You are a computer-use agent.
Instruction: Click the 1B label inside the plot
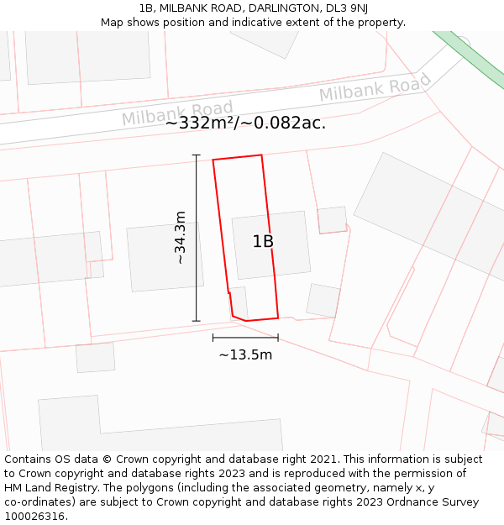point(263,242)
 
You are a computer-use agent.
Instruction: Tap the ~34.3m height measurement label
point(180,238)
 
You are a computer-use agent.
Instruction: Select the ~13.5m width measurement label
point(245,354)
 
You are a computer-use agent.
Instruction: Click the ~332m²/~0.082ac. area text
point(245,123)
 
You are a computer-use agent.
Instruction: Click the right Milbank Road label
point(375,87)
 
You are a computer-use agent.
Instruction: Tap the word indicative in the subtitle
point(240,23)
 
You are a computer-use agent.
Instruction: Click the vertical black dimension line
point(197,238)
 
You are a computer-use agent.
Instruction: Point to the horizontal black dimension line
point(245,338)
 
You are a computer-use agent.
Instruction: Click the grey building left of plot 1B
point(165,257)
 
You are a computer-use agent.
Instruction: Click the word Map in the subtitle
point(113,23)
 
